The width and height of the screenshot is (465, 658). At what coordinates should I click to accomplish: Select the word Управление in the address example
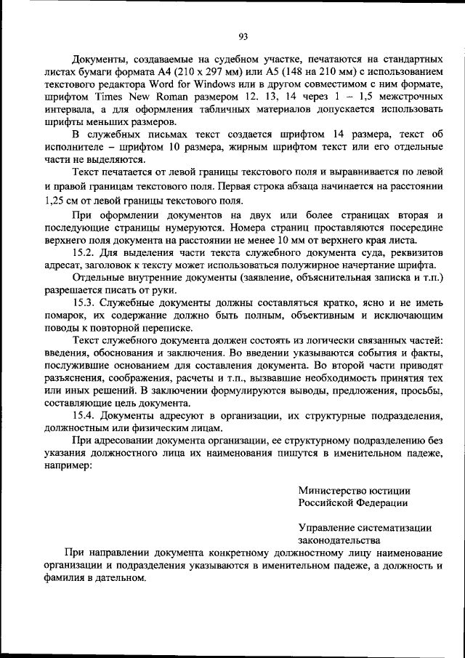[x=325, y=528]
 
